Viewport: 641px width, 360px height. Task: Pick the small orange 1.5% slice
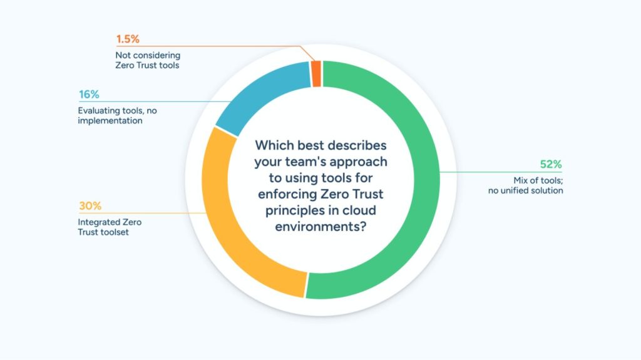coord(316,74)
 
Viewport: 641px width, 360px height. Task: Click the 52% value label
coord(551,164)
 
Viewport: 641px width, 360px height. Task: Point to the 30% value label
coord(90,206)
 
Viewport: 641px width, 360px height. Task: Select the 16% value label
coord(89,95)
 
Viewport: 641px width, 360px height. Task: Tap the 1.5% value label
coord(128,39)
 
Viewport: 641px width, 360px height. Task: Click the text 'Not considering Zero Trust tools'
coord(148,60)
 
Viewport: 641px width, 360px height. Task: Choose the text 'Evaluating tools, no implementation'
coord(117,115)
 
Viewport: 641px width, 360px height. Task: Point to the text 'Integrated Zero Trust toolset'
coord(110,227)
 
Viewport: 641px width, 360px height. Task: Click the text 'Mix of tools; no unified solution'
coord(526,185)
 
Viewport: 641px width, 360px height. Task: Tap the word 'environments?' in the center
coord(320,226)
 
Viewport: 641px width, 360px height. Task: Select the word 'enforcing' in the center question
coord(287,194)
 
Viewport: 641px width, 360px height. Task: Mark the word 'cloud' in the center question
coord(360,210)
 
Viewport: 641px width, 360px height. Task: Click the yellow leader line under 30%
coord(142,213)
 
